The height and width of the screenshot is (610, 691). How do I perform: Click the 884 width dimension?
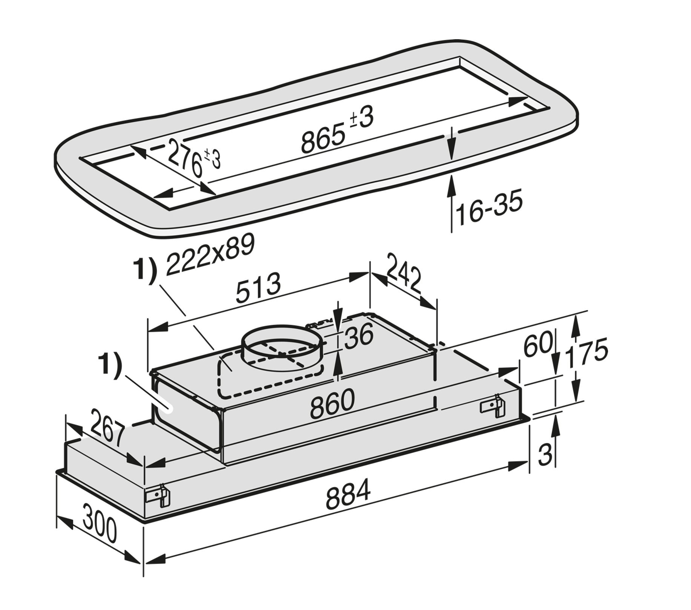348,493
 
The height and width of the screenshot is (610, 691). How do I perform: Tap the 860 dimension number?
332,404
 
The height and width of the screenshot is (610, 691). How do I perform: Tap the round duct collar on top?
282,346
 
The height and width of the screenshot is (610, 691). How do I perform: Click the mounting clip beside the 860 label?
492,406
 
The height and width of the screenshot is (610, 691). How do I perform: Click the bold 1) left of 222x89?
145,270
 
